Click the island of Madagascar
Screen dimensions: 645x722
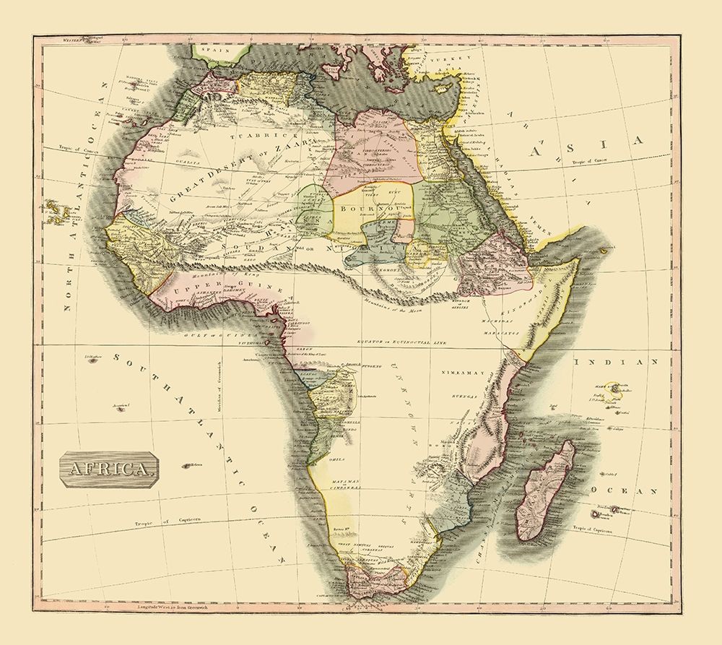[544, 491]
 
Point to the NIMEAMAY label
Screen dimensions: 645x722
[458, 373]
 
